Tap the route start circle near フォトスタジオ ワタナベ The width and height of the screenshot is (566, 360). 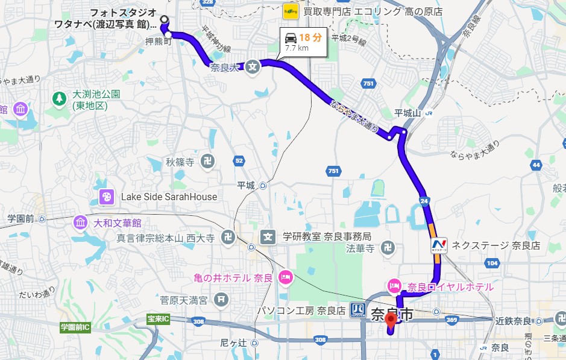163,18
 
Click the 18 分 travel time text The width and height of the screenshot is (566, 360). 310,37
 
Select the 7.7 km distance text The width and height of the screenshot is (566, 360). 297,48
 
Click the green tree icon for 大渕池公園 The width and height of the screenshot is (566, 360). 59,97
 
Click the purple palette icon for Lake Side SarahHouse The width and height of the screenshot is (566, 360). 106,197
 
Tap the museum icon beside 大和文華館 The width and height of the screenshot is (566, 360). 80,223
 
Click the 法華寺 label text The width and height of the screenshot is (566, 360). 360,247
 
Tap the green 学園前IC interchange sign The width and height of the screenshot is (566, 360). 75,327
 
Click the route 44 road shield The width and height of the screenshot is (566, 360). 535,164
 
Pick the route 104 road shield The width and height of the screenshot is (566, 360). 492,263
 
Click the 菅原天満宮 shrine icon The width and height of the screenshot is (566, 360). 222,298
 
